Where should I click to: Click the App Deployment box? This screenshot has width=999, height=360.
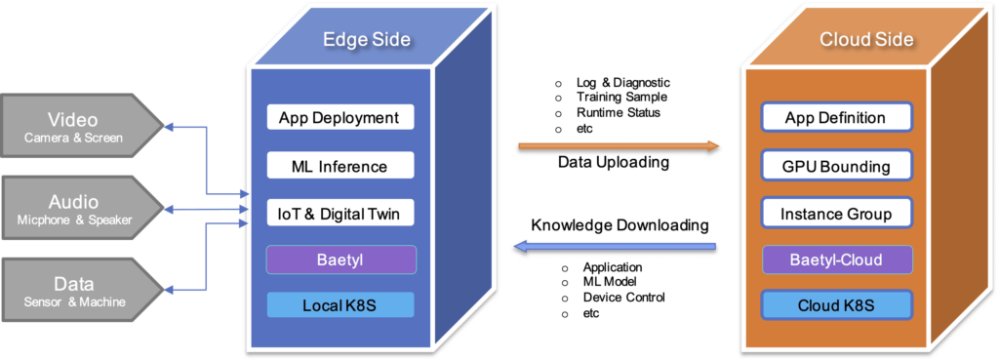tap(340, 118)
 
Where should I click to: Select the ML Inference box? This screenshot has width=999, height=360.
tap(340, 166)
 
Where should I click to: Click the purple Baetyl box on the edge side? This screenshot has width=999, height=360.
tap(340, 260)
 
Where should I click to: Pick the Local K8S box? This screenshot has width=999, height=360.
tap(340, 306)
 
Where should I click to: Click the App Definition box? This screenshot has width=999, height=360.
tap(835, 118)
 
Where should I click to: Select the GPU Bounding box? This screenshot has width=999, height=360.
tap(835, 166)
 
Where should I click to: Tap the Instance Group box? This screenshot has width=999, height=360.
tap(835, 213)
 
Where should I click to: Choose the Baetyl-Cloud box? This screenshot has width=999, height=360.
tap(835, 260)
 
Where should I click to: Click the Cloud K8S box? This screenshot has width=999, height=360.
tap(835, 306)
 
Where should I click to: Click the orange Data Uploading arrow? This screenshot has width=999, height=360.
tap(618, 146)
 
